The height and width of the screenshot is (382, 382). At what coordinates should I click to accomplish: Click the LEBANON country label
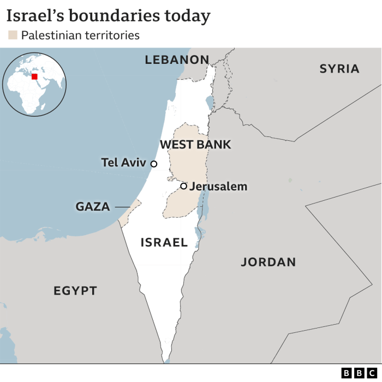click(177, 60)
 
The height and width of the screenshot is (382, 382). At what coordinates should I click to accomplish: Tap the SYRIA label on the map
click(339, 69)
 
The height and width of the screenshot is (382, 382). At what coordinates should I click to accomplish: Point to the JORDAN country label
click(268, 262)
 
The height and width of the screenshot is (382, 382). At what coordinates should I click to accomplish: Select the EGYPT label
click(75, 291)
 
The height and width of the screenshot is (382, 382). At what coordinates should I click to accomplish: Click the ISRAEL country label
click(164, 242)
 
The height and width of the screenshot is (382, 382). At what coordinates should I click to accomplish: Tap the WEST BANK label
click(195, 145)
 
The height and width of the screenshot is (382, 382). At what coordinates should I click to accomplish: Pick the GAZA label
click(93, 207)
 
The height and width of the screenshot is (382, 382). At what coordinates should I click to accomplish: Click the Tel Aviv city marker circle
click(154, 164)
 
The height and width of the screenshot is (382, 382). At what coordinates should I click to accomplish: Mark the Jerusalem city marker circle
click(183, 186)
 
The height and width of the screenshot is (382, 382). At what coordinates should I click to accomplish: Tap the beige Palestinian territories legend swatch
click(13, 35)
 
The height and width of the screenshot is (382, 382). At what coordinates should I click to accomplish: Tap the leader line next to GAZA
click(122, 207)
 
